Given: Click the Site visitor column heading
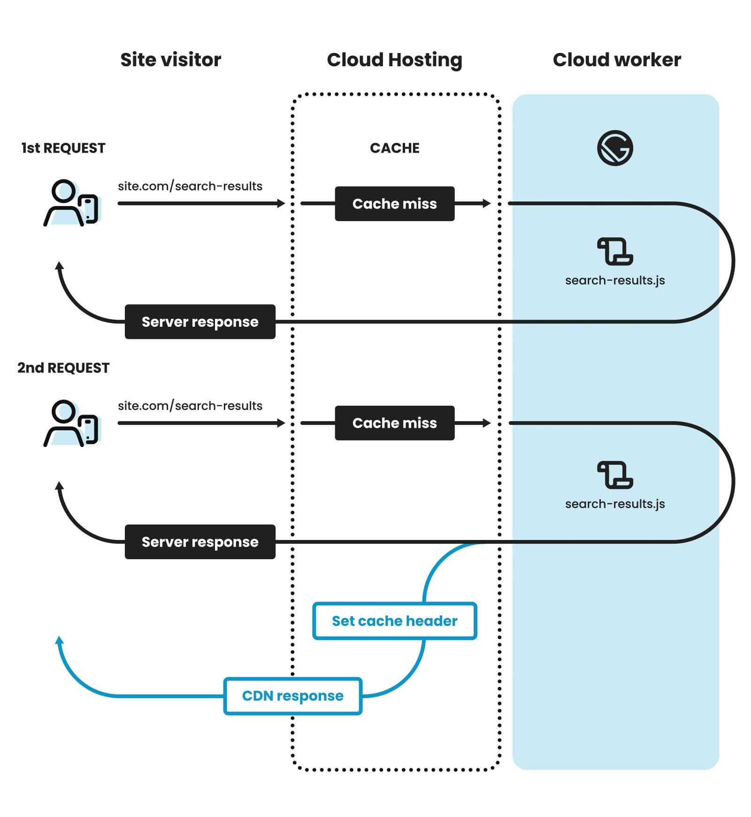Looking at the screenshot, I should tap(170, 60).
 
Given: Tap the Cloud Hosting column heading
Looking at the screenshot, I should tap(394, 60).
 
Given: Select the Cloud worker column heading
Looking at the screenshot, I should tap(616, 60).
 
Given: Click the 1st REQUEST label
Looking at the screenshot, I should tap(63, 148).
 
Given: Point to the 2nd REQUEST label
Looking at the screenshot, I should tap(63, 368).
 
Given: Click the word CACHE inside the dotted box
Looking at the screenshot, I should tap(394, 148).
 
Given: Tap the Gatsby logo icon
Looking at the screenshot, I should tap(615, 148).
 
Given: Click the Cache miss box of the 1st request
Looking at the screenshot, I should tap(394, 204).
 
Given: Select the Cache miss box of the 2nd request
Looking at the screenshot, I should tap(394, 423).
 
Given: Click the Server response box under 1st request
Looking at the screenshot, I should tap(200, 322).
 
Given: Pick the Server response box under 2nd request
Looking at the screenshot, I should tap(200, 542).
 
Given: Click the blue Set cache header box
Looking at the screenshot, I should tap(394, 621).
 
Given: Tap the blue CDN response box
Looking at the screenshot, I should tap(292, 696).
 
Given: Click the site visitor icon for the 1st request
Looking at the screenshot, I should tap(71, 203).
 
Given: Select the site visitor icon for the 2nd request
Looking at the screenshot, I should tap(71, 423).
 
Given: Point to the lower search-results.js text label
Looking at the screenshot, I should tap(615, 504).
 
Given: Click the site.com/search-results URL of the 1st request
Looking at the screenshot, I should tap(190, 186).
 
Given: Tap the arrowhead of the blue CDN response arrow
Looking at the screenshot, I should tap(60, 640).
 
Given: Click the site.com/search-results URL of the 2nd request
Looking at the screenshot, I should tap(190, 406).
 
